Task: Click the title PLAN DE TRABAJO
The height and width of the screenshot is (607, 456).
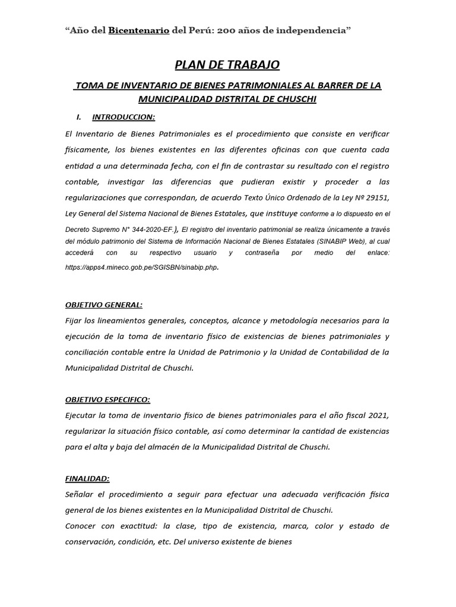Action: coord(227,64)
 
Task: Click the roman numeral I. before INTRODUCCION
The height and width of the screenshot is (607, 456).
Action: coord(81,117)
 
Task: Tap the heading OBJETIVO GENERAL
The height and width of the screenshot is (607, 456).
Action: coord(104,305)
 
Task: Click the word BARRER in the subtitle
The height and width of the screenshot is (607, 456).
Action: coord(332,85)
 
